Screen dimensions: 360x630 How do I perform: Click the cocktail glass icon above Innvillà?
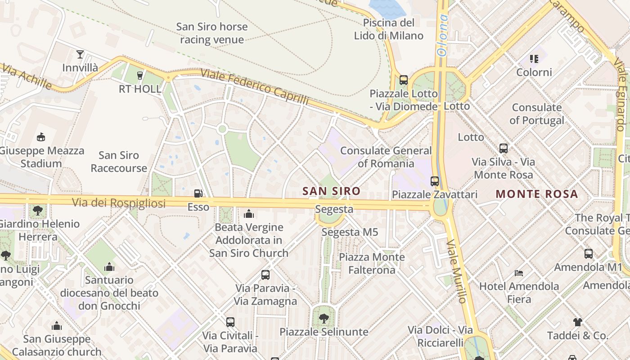(x=80, y=54)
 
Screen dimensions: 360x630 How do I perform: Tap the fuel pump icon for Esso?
(x=198, y=193)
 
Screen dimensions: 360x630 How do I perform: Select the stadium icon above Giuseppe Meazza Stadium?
(x=41, y=137)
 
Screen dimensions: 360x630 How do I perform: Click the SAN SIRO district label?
(x=331, y=191)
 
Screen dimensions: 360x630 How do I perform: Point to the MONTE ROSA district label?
(x=536, y=194)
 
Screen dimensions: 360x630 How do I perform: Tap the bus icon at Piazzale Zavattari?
(x=435, y=181)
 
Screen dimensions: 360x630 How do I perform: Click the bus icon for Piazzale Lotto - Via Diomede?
(x=404, y=80)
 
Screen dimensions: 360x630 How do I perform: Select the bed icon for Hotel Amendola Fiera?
(x=519, y=273)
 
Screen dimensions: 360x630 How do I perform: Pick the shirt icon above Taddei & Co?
(x=578, y=322)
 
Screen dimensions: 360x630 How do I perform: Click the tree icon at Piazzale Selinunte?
(x=324, y=319)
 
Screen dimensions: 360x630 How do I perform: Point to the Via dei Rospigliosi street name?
(x=119, y=203)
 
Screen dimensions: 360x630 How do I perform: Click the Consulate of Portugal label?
(x=536, y=114)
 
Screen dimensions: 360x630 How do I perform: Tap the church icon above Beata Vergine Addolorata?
(x=248, y=214)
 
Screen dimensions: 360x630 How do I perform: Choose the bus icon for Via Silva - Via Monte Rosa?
(x=504, y=148)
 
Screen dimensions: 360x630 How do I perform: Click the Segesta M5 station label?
(x=350, y=232)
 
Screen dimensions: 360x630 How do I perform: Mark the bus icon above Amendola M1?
(x=588, y=254)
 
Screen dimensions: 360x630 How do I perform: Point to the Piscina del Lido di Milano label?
(x=389, y=29)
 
